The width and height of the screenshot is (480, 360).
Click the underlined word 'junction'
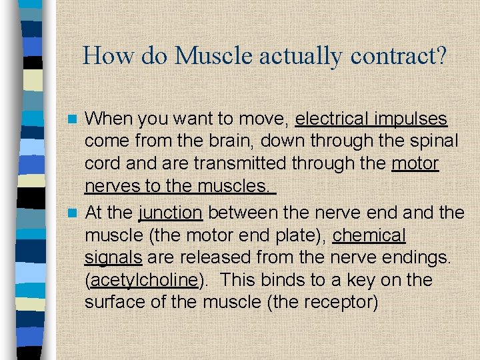170,213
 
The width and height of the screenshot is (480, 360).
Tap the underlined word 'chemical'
369,236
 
